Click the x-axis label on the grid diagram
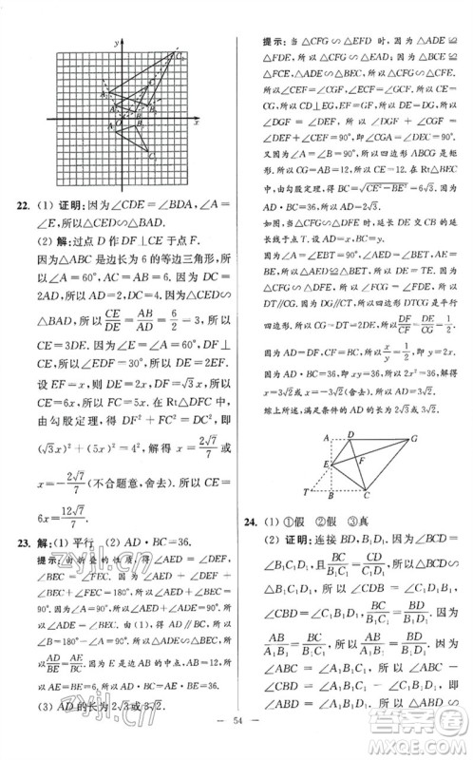tap(195, 123)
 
